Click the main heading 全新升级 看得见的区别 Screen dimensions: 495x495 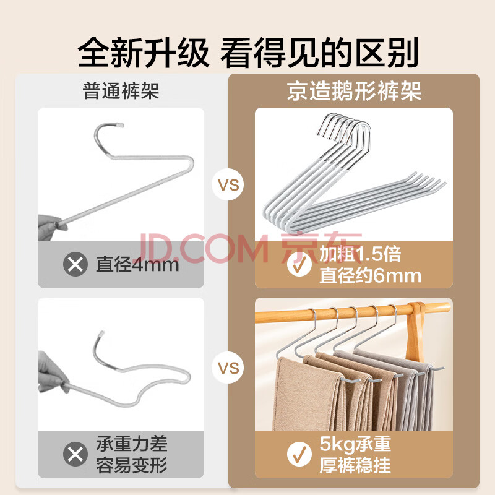pos(248,52)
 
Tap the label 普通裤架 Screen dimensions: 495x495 pos(121,90)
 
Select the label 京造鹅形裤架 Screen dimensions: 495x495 pos(354,91)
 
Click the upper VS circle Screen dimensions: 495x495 pos(228,184)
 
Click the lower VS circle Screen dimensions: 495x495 pos(228,368)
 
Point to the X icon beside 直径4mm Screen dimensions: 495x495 pos(75,264)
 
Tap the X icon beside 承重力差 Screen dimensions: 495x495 pos(75,454)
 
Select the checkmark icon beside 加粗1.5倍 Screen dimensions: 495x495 pos(299,265)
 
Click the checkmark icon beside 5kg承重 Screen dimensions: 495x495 pos(299,454)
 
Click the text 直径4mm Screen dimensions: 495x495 pos(137,265)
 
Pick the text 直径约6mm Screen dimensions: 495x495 pos(370,275)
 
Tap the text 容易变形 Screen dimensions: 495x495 pos(132,465)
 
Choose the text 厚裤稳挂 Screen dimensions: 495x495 pos(355,465)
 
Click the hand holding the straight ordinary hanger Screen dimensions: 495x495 pos(50,226)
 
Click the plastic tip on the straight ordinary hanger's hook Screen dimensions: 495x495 pos(119,126)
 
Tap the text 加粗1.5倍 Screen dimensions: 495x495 pos(360,254)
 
